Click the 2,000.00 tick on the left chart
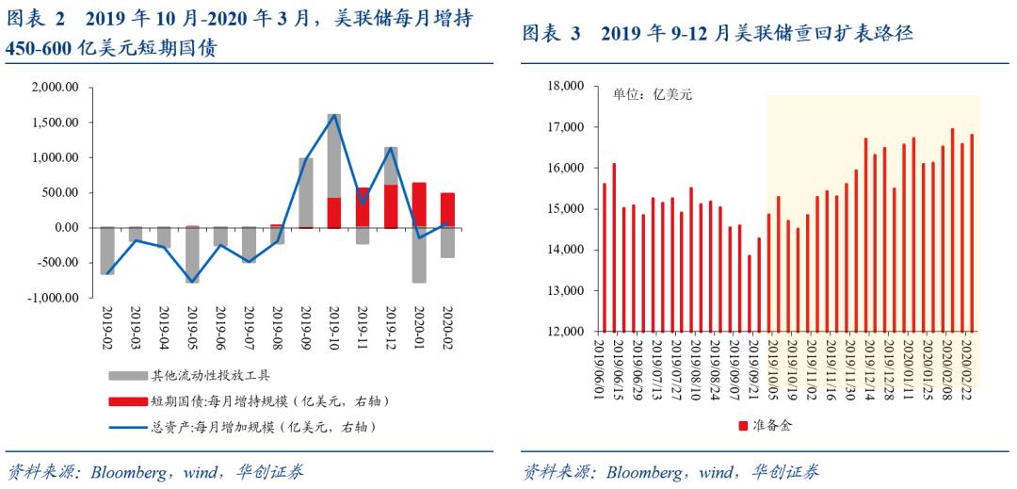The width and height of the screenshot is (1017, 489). [56, 88]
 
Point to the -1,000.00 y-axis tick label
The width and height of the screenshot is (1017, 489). [54, 298]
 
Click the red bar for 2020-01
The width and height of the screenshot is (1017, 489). [419, 204]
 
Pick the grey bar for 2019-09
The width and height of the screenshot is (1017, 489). [306, 192]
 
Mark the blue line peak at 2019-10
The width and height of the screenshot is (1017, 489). [333, 115]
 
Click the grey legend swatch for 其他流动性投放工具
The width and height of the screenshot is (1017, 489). [128, 375]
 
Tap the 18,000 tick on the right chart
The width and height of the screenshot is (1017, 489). [564, 87]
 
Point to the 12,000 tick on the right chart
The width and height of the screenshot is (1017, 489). [564, 332]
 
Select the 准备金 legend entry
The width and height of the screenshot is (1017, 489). [767, 426]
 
